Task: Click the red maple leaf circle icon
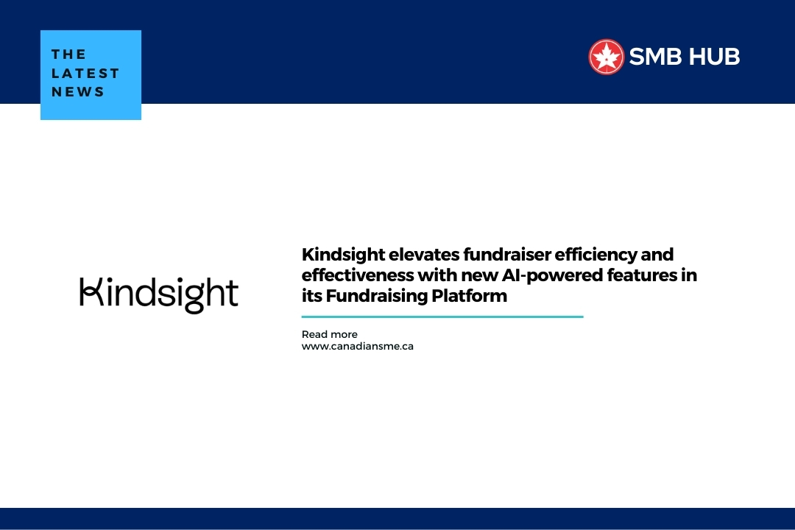606,57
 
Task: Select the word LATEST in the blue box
85,74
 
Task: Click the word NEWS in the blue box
78,92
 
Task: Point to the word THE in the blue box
69,54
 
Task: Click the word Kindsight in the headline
343,255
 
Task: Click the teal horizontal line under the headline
442,317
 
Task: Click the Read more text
329,334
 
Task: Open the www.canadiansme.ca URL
357,346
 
